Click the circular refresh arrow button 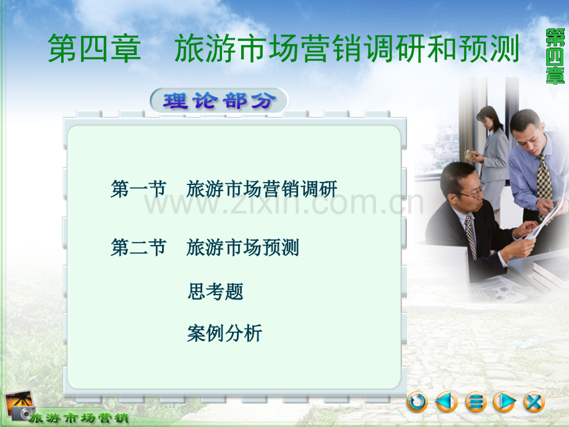[417, 402]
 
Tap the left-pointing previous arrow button [447, 402]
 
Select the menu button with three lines [476, 402]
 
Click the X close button [534, 402]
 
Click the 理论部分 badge [219, 101]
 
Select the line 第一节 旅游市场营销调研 [224, 189]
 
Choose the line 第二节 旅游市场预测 [205, 248]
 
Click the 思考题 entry [216, 291]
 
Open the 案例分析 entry [225, 333]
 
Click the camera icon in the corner [19, 405]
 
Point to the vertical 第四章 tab [555, 57]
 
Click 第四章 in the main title [95, 48]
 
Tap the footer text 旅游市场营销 [79, 418]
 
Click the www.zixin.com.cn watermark [284, 204]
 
